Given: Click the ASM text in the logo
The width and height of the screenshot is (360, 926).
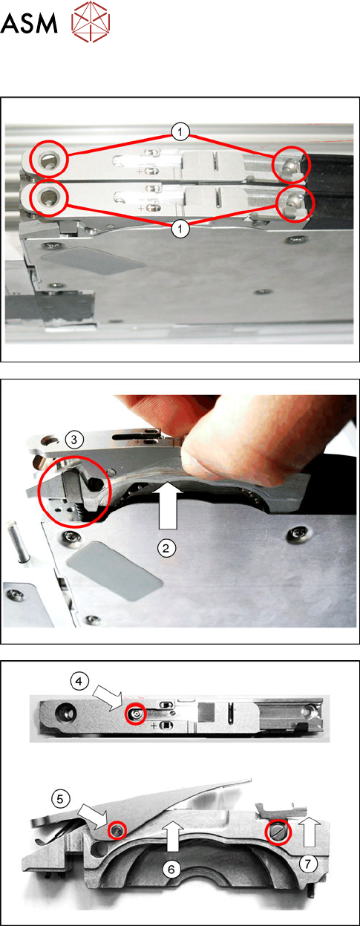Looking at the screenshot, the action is point(28,23).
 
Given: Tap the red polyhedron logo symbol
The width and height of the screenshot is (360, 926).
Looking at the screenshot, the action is point(91,22).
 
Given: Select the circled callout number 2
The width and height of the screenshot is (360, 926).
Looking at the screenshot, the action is point(166,548).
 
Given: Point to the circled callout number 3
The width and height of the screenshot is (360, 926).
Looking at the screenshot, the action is point(74,439).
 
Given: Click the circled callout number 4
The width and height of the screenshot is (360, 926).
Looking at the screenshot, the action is point(79,681).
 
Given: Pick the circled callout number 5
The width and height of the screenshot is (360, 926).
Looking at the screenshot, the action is point(60,799).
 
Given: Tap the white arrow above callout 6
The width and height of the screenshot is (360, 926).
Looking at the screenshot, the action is point(173,835).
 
